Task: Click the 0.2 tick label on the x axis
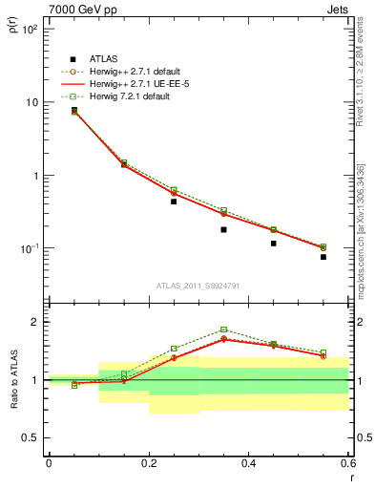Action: coord(149,464)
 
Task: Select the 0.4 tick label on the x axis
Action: coord(248,464)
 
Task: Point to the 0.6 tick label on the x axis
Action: coord(347,464)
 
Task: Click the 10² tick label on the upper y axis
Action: coord(31,30)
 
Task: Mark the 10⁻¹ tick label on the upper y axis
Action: coord(31,249)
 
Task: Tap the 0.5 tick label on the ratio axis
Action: coord(31,437)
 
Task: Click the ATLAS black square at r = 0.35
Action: coord(223,229)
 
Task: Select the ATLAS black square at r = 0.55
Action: coord(323,257)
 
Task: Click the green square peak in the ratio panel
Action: coord(223,330)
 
